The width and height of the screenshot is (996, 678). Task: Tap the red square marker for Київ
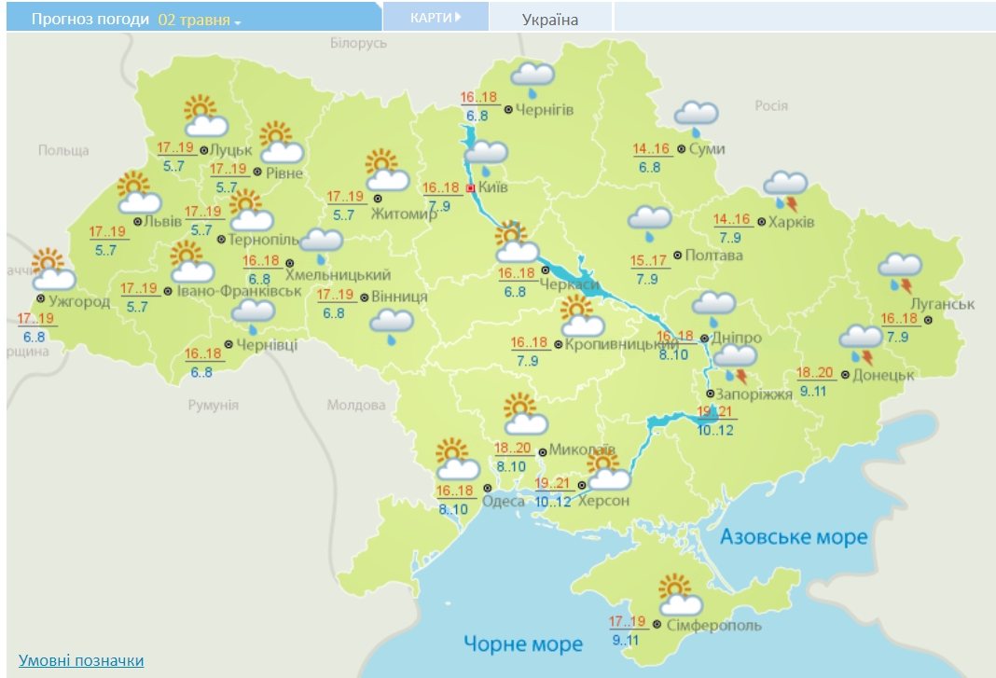click(x=470, y=187)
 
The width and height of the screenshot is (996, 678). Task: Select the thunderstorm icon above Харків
click(x=785, y=190)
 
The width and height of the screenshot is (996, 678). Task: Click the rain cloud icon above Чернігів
click(x=533, y=79)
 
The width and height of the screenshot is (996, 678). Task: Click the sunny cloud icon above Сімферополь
click(x=681, y=595)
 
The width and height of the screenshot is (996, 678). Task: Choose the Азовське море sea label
click(x=794, y=537)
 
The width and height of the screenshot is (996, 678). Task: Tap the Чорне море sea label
click(x=523, y=643)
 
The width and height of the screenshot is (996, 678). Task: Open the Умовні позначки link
click(x=81, y=660)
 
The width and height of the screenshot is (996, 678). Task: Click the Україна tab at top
click(x=550, y=20)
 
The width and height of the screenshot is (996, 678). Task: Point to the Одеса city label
click(x=504, y=502)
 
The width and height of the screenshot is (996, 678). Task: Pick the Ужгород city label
click(x=79, y=301)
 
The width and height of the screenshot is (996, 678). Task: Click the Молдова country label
click(x=356, y=406)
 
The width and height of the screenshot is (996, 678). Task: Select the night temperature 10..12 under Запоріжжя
click(x=716, y=429)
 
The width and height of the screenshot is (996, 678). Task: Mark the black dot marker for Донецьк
click(x=845, y=375)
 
